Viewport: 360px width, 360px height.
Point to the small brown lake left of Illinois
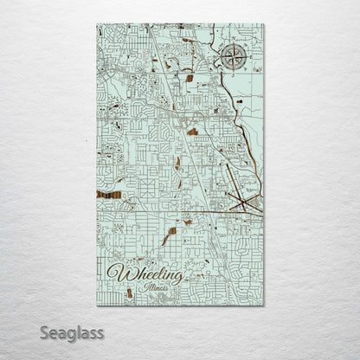pos(130,292)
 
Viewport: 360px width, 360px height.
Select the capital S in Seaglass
pos(43,332)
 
